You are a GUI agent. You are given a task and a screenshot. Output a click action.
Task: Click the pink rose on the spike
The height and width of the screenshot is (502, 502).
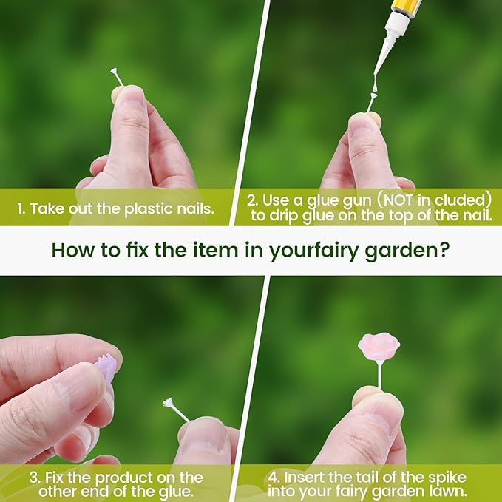pyautogui.click(x=379, y=347)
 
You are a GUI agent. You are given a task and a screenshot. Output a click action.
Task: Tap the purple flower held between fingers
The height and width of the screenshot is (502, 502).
pyautogui.click(x=106, y=367)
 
